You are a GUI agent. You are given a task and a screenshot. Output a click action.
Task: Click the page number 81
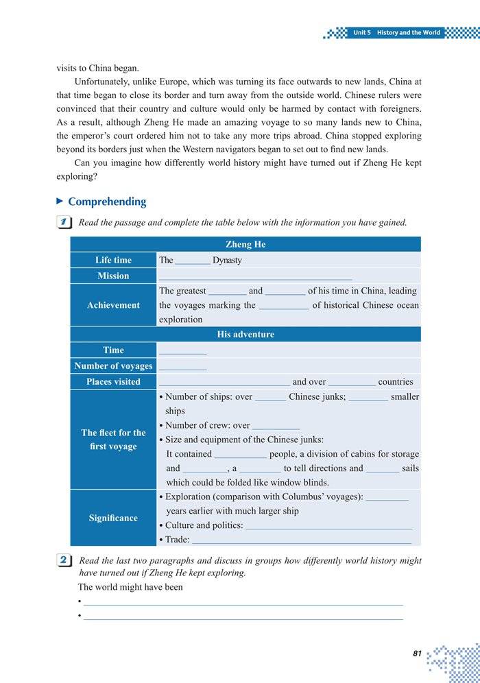pos(417,654)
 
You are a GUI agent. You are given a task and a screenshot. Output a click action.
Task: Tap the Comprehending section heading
pos(107,202)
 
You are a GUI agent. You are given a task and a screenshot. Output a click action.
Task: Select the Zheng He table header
pos(245,244)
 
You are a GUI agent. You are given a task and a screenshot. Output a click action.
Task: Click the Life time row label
pos(113,260)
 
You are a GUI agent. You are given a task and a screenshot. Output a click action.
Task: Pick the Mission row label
pos(113,276)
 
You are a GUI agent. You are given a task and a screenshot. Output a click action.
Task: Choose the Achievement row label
pos(113,305)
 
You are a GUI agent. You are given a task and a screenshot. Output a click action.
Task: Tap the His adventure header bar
pos(245,335)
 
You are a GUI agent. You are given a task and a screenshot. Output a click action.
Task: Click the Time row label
pos(113,350)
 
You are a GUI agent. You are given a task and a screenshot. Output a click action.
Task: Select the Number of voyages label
pos(113,366)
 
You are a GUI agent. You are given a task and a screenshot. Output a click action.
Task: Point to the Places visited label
pos(113,382)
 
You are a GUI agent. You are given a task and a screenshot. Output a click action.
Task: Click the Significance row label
pos(113,518)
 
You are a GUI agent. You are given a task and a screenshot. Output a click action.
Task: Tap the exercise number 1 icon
pos(63,222)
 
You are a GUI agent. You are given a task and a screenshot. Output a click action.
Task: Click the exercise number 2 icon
pos(63,560)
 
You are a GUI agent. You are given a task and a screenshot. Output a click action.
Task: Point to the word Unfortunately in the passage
pos(108,82)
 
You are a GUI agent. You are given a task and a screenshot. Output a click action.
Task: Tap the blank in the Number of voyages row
pos(182,368)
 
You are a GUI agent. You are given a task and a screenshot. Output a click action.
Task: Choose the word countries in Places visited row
pos(396,382)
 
